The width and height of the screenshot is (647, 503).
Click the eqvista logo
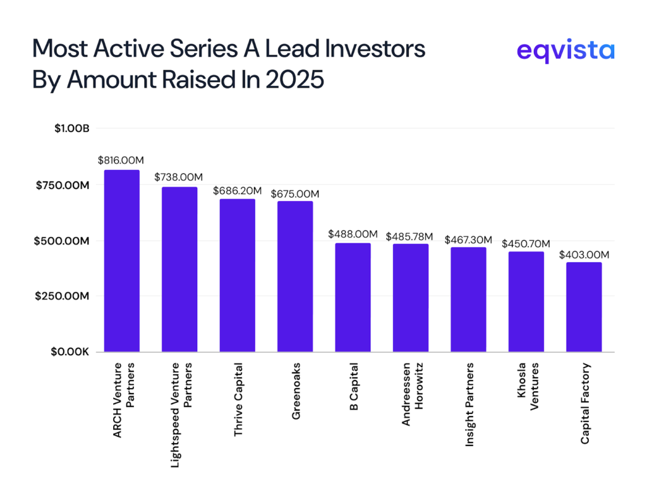[565, 50]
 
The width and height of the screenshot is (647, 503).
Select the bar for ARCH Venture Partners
[121, 260]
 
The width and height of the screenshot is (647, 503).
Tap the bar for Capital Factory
[584, 306]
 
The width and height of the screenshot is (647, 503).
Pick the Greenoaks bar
[295, 276]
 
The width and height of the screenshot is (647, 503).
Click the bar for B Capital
[353, 297]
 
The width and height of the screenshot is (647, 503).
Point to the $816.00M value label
[121, 161]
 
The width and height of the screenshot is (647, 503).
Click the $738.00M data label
[179, 178]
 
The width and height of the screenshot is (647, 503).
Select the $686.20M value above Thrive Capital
[237, 190]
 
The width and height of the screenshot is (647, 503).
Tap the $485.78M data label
[411, 234]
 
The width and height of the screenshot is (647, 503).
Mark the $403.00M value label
[584, 255]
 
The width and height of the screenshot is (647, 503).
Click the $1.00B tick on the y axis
[72, 128]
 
